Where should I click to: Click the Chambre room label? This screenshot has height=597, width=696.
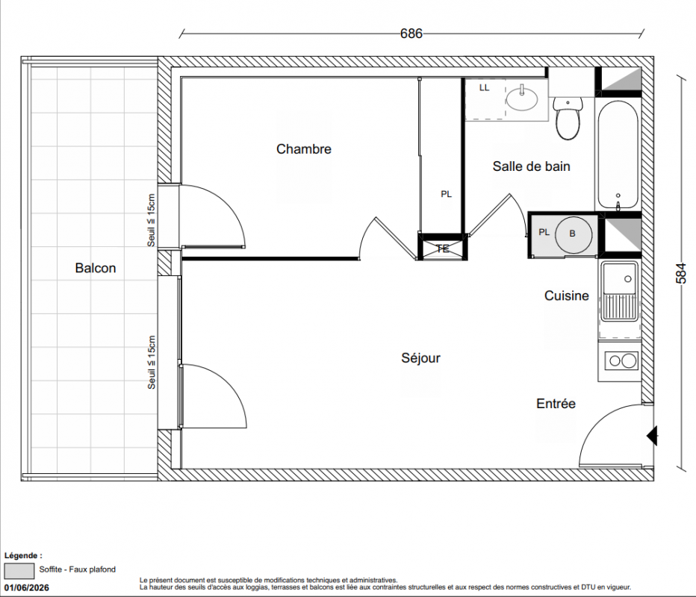click(304, 149)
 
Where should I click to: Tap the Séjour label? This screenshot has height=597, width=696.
click(420, 358)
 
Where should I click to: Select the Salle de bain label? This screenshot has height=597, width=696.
click(531, 166)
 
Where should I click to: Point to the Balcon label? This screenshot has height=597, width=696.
click(96, 268)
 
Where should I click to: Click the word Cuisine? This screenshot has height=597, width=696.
click(566, 296)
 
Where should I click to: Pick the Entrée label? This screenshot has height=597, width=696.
click(556, 404)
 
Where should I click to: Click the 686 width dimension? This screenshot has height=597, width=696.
click(411, 34)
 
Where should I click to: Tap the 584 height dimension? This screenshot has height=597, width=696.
click(681, 274)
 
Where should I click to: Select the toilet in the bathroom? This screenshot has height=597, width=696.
click(568, 118)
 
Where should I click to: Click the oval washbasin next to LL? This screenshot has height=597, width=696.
click(521, 98)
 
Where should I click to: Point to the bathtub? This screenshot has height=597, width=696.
click(618, 154)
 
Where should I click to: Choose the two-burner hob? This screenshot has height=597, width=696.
click(621, 361)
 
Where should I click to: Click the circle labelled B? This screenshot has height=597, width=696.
click(573, 234)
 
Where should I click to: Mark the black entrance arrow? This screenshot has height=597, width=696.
click(652, 436)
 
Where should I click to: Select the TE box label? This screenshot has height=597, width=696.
click(443, 249)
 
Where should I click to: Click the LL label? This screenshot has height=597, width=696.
click(484, 88)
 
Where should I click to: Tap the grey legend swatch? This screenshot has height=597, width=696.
click(19, 571)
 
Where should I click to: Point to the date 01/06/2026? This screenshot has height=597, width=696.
click(27, 588)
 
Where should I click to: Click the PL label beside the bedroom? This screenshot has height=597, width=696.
click(446, 194)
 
